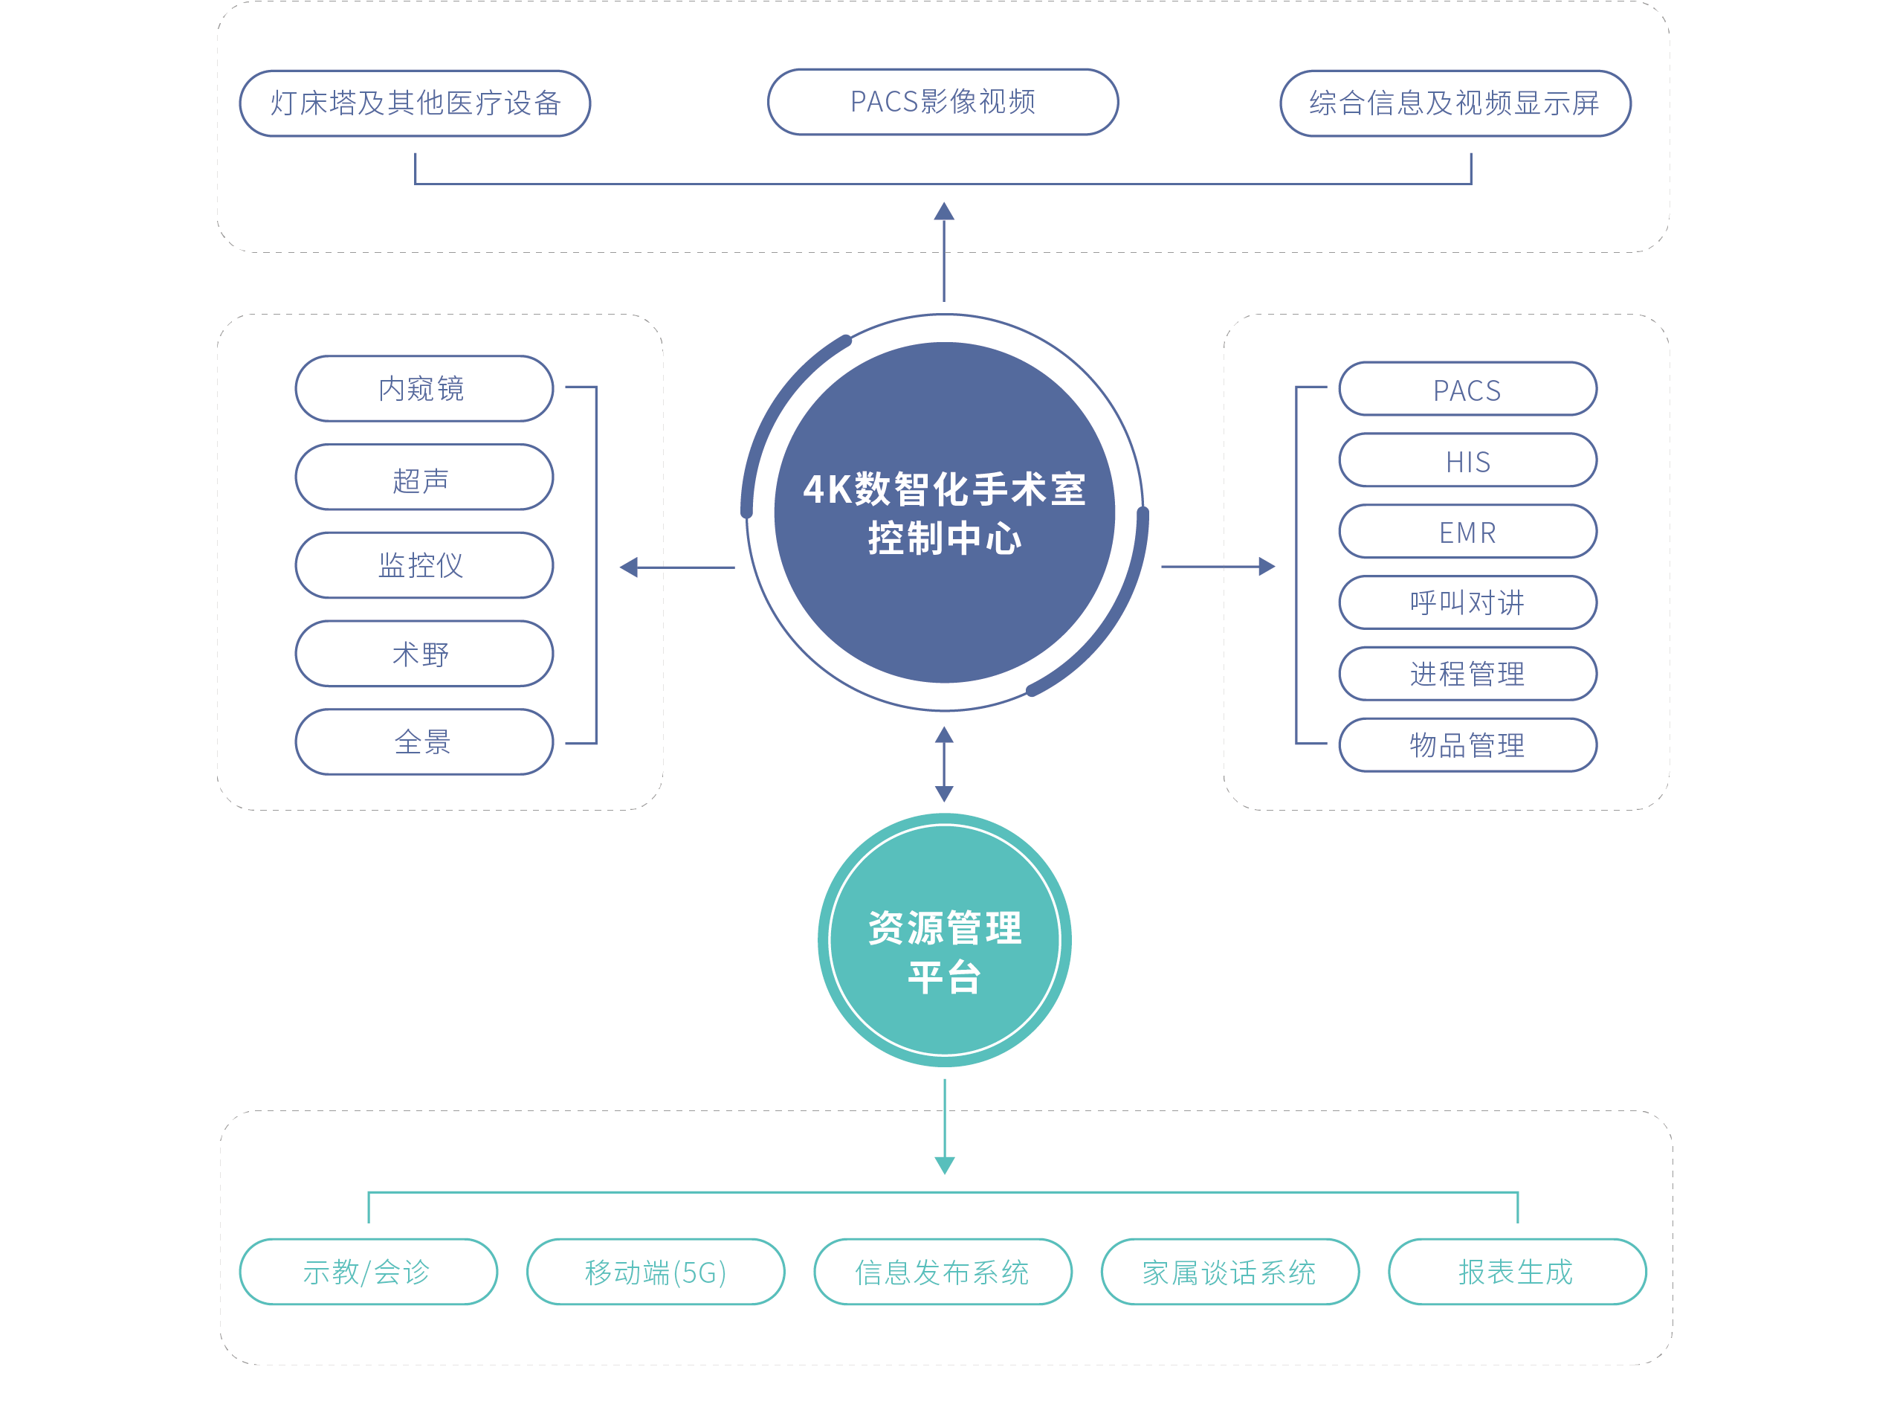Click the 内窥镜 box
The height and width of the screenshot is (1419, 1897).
[424, 389]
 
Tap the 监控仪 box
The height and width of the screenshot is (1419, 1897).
[424, 565]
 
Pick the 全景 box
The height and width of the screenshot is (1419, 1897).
[424, 742]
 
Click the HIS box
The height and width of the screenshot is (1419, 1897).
[1467, 460]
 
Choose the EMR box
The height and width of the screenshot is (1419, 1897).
[1467, 532]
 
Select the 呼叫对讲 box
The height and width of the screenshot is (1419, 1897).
[1467, 602]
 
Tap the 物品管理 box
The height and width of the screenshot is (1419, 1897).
[1467, 744]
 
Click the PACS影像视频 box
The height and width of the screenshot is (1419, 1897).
[943, 102]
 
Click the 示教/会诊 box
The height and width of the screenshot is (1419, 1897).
[368, 1272]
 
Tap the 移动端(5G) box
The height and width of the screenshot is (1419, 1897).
[655, 1272]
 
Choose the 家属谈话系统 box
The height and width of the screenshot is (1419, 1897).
[1229, 1272]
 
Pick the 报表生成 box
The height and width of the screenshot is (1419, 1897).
[1516, 1272]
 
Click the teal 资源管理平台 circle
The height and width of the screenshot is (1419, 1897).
[944, 940]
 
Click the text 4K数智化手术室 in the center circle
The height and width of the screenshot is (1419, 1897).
[944, 489]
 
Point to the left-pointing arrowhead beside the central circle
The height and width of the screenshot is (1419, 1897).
[630, 567]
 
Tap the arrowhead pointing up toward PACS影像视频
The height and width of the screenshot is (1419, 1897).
[944, 211]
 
